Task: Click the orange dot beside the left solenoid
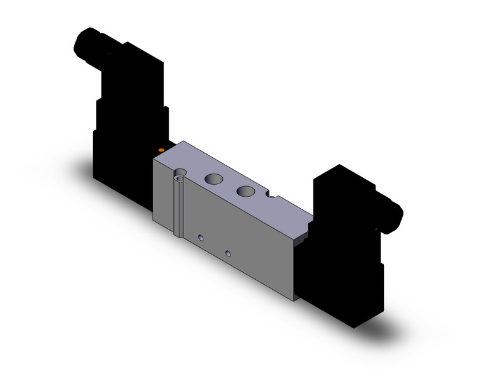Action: (x=161, y=150)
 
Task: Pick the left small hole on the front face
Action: (x=201, y=238)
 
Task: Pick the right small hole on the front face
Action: (x=228, y=253)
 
